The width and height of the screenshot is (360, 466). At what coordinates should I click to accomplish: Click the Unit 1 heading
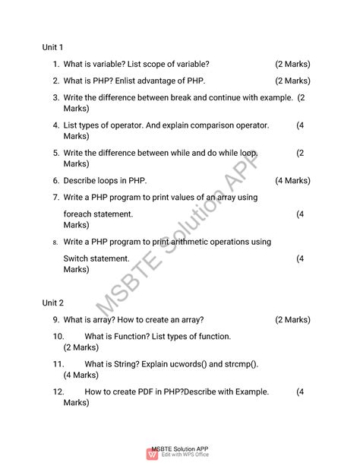[x=52, y=48]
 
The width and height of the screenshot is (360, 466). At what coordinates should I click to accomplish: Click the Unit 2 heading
[x=52, y=303]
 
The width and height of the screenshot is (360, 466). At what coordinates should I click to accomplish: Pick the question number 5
[x=56, y=154]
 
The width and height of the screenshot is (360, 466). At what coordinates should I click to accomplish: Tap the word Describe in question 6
[x=81, y=181]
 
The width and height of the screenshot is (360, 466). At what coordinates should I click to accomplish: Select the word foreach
[x=80, y=214]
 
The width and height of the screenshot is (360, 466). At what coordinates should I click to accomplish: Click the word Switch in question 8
[x=77, y=258]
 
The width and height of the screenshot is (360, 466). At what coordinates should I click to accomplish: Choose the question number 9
[x=56, y=320]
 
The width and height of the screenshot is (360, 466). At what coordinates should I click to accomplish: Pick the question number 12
[x=58, y=392]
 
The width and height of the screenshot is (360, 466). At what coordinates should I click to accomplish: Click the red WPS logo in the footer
[x=150, y=455]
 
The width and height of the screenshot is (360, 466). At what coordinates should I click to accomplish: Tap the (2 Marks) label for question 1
[x=292, y=65]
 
